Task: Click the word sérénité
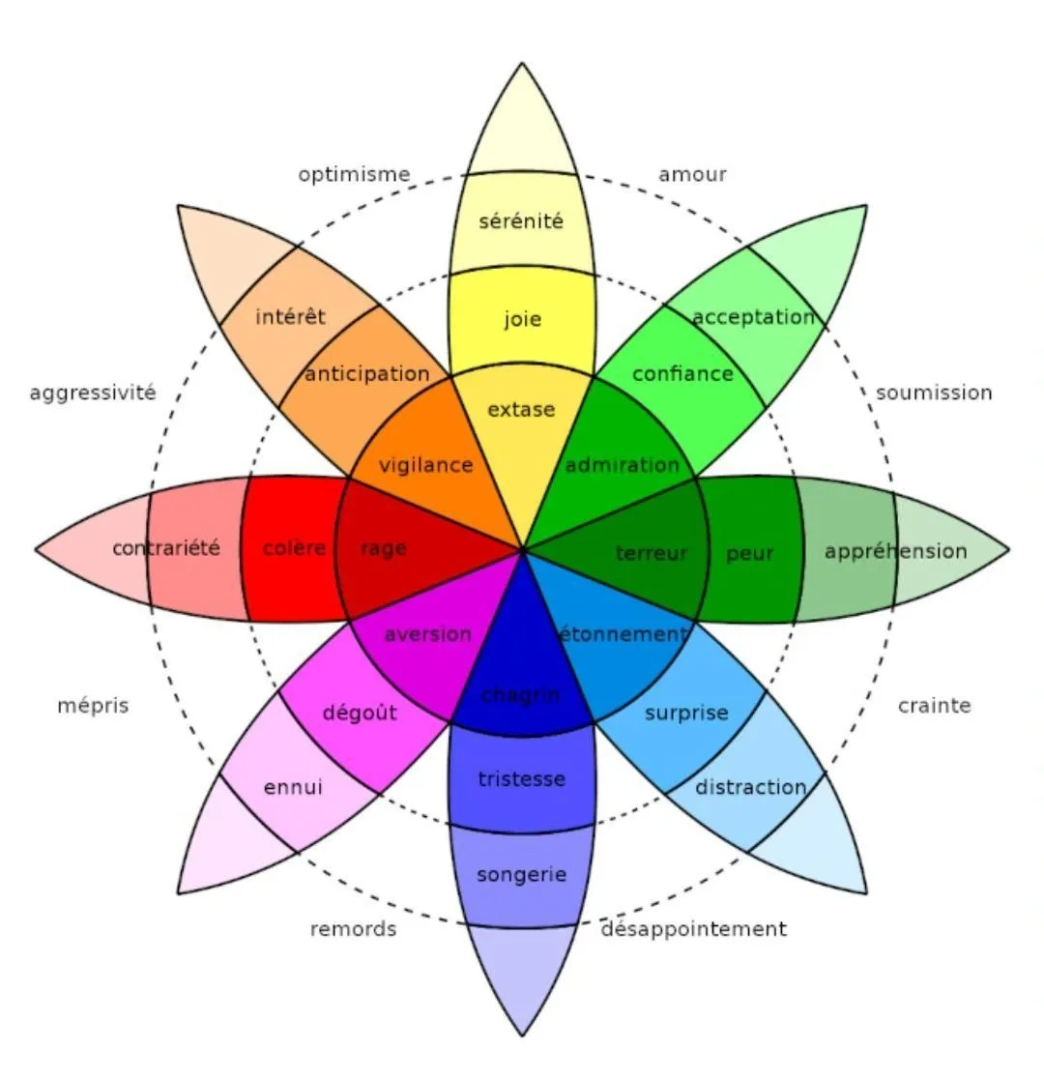click(521, 221)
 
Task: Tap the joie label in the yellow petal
click(523, 319)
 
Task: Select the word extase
click(521, 410)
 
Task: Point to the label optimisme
click(354, 175)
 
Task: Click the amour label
click(692, 174)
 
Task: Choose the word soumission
click(934, 393)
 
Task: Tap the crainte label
click(935, 705)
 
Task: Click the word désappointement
click(693, 929)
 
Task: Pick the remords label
click(353, 929)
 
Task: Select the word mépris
click(93, 706)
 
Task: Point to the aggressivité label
click(93, 394)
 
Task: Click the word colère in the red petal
click(294, 548)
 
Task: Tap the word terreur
click(652, 553)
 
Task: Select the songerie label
click(521, 875)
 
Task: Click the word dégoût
click(361, 713)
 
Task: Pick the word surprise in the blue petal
click(686, 713)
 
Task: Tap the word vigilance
click(426, 466)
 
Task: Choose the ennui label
click(293, 787)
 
